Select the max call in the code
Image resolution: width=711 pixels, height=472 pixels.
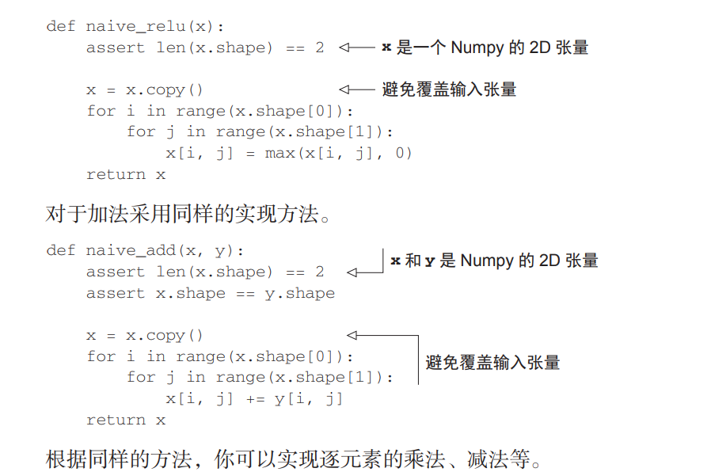279,153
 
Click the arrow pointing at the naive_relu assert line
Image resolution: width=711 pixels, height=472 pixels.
356,48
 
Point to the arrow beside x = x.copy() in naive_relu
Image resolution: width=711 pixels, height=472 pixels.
356,89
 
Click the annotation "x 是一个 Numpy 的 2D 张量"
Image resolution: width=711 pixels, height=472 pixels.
485,48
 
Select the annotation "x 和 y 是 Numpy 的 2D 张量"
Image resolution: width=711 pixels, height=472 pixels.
494,261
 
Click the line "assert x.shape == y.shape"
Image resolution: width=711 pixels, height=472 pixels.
211,293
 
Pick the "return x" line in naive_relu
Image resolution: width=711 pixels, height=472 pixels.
126,174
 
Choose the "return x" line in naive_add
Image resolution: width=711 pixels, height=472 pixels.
126,420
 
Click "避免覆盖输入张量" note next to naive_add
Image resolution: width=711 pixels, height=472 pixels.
492,364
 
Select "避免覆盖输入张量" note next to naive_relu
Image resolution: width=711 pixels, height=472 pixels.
449,89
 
